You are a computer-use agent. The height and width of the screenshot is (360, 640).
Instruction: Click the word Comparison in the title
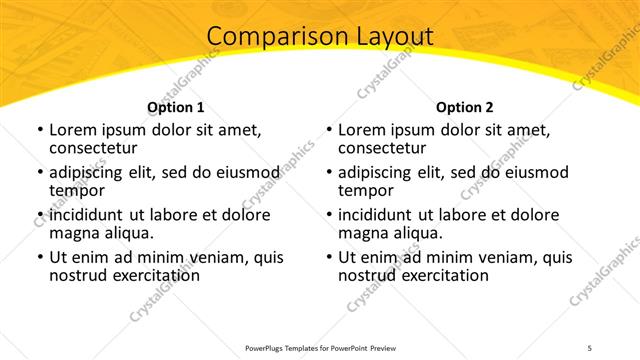(275, 37)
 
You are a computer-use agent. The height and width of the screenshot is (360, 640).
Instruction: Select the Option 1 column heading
(176, 107)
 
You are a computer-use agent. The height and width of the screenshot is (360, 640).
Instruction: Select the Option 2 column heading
(465, 107)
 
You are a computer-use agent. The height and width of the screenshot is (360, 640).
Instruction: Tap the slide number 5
(590, 348)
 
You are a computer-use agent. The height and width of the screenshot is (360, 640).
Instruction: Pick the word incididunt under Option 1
(92, 215)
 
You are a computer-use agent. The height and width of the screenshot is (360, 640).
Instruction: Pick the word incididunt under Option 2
(381, 215)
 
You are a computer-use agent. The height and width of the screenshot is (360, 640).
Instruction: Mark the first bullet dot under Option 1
(39, 130)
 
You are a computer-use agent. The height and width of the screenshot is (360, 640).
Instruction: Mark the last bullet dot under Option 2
(328, 257)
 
